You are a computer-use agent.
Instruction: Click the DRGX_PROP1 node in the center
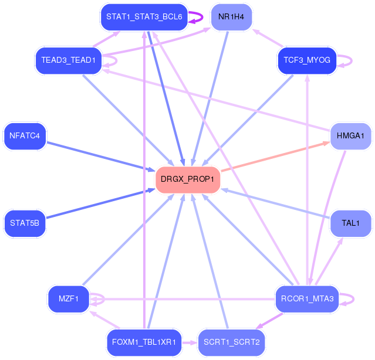(x=187, y=179)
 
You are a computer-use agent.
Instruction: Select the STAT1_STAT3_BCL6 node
(x=144, y=17)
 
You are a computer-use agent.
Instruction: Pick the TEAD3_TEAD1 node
(x=68, y=60)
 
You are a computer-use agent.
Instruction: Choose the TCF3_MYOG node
(x=306, y=60)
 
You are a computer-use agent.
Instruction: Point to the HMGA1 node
(x=350, y=136)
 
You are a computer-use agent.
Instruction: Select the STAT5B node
(x=25, y=223)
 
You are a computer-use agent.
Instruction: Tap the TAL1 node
(x=350, y=223)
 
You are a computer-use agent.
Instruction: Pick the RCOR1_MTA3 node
(x=307, y=299)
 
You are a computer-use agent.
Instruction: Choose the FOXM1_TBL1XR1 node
(x=144, y=342)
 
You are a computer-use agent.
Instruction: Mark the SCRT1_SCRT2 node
(x=231, y=342)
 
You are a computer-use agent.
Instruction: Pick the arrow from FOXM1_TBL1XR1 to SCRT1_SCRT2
(x=189, y=342)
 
